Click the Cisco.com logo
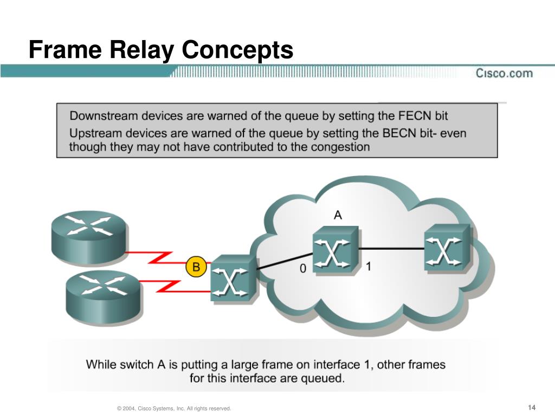click(x=504, y=73)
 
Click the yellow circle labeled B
click(x=196, y=267)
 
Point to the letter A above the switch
click(x=338, y=215)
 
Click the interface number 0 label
click(x=303, y=268)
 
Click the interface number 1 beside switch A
click(x=368, y=266)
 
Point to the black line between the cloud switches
click(x=391, y=249)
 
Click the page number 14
click(x=531, y=407)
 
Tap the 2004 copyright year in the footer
click(x=130, y=408)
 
